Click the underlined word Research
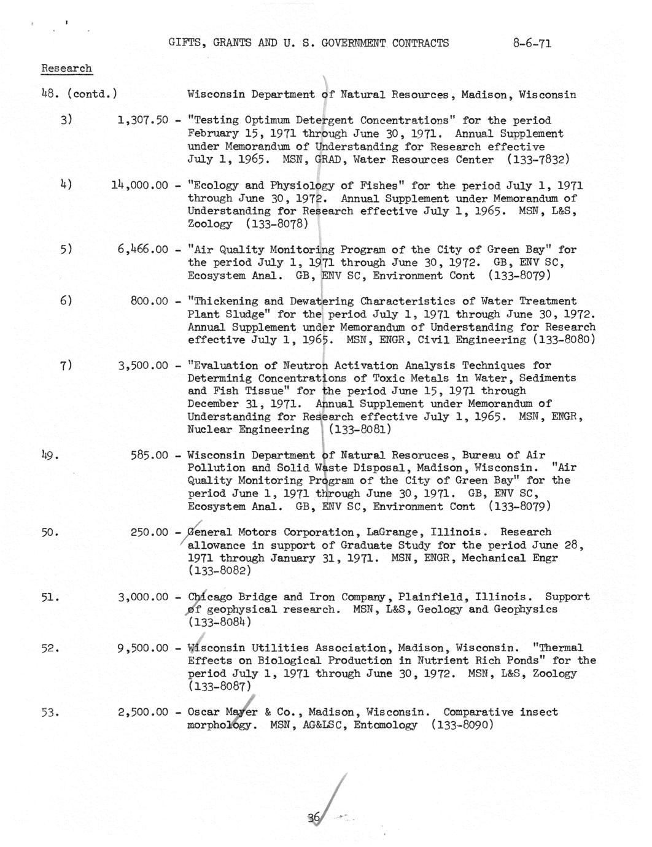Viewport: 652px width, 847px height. pos(66,68)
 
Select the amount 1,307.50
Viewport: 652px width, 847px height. pos(142,120)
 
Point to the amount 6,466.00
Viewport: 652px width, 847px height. pos(142,250)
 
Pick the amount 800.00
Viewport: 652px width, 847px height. pos(149,301)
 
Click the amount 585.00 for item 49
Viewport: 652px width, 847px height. pos(149,455)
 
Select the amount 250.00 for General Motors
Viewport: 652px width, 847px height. pos(149,532)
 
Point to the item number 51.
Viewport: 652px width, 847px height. pos(50,597)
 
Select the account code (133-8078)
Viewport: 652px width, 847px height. pos(276,224)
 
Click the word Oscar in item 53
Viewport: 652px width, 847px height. pos(203,713)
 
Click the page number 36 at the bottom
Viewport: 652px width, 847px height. pos(314,817)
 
